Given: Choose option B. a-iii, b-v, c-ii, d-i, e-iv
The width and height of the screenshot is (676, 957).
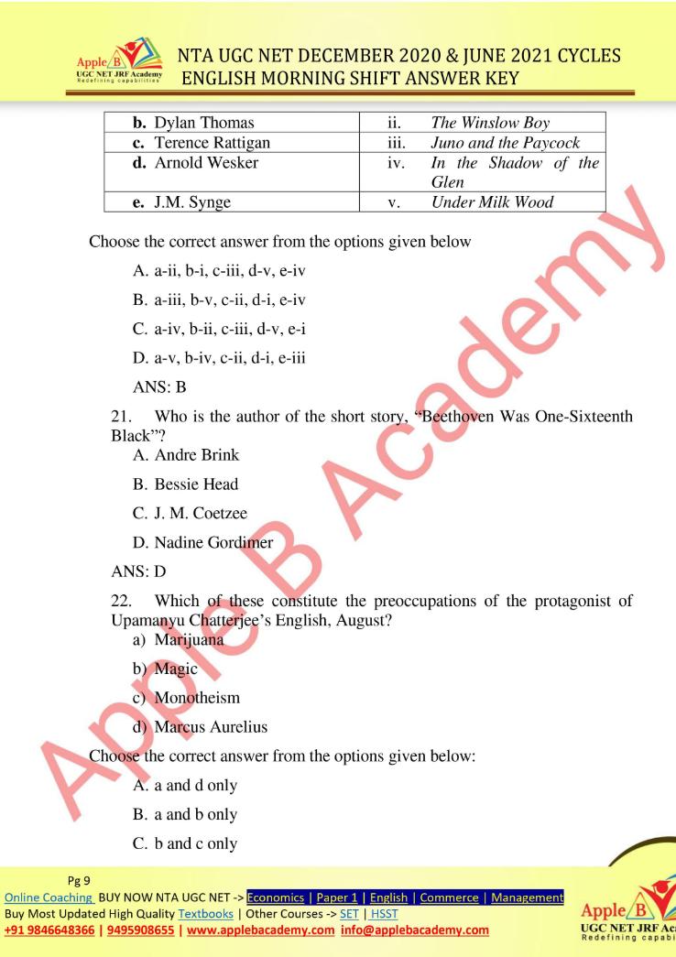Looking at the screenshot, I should pyautogui.click(x=219, y=299).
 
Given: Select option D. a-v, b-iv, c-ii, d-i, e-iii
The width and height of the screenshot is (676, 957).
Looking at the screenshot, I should pyautogui.click(x=219, y=357).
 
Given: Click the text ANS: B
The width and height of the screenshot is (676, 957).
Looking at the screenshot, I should pyautogui.click(x=160, y=386).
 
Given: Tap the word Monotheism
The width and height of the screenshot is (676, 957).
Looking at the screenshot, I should pyautogui.click(x=197, y=698).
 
